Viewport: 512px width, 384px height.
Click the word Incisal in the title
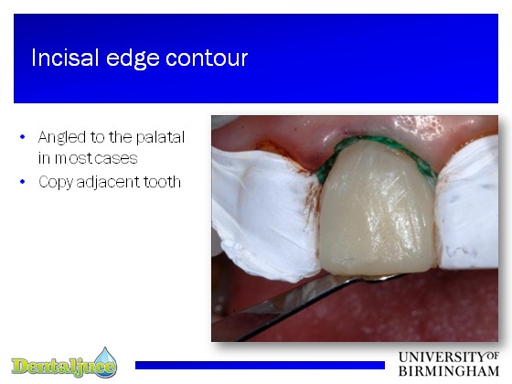coord(65,58)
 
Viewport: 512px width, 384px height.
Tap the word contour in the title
coord(207,59)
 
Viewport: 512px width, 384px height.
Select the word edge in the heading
coord(133,59)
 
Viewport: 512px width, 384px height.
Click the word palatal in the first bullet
coord(160,137)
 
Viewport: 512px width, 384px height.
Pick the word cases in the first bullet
coord(117,159)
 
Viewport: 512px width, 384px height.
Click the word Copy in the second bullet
coord(55,182)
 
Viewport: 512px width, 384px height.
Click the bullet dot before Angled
coord(22,137)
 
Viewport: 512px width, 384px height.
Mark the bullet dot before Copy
coord(22,181)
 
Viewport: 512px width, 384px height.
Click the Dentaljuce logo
coord(64,363)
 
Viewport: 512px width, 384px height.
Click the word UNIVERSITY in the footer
coord(443,357)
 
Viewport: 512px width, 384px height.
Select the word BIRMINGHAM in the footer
coord(449,371)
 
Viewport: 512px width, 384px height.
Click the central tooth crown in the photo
coord(379,212)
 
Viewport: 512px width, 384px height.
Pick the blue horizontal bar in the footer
coord(260,365)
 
